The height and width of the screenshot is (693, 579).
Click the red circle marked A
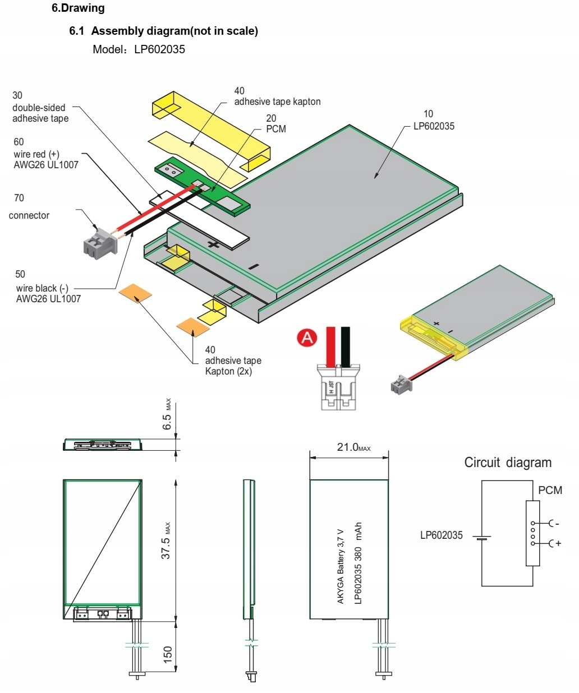307,338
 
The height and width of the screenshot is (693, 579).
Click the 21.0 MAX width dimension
353,447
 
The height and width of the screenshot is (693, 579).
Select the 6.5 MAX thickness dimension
167,417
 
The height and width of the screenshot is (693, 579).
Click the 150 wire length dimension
167,654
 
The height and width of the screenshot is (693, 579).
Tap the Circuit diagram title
508,463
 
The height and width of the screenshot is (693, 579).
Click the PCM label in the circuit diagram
550,490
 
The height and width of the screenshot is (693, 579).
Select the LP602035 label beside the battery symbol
442,535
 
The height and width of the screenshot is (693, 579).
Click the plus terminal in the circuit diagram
555,543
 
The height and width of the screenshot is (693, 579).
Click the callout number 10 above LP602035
428,114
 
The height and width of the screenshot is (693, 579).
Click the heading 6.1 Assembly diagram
163,31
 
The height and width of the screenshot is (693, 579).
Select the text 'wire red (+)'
36,154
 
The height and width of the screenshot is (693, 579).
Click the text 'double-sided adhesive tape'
40,113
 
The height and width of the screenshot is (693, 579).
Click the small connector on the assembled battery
401,385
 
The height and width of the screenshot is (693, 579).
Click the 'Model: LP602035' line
139,49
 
